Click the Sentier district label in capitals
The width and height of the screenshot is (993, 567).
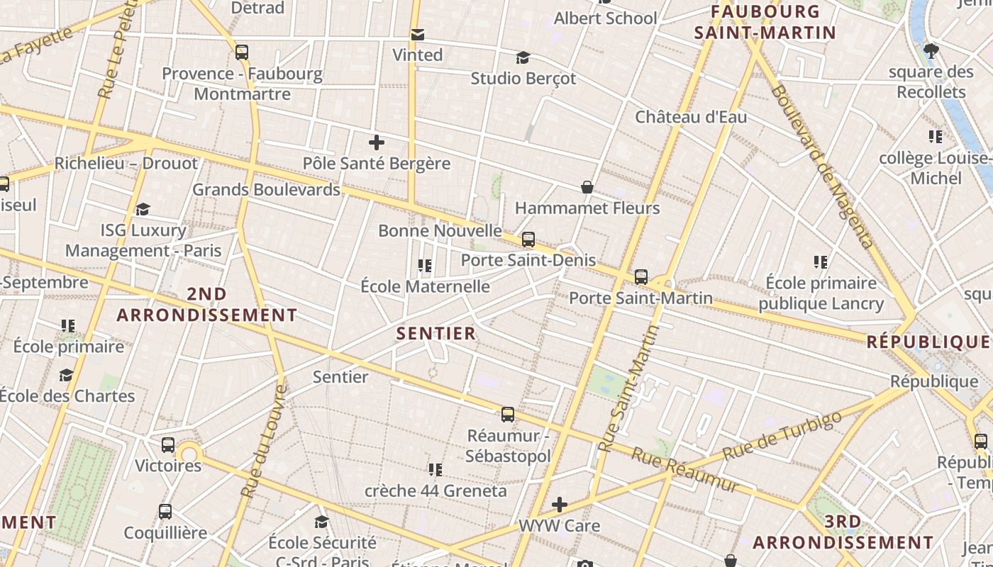point(436,333)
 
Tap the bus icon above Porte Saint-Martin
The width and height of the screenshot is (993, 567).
point(641,276)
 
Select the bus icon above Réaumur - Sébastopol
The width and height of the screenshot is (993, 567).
point(508,415)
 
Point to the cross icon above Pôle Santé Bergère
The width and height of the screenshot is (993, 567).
point(377,142)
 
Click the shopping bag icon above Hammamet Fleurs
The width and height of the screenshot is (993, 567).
point(587,187)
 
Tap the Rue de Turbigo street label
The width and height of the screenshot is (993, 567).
point(783,434)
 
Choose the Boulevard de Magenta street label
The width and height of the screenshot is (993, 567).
point(822,167)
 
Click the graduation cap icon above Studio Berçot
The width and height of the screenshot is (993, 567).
point(523,57)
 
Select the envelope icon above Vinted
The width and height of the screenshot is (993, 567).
point(417,34)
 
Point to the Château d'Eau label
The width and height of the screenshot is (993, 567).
point(691,117)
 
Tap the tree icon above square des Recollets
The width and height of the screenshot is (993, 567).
point(931,51)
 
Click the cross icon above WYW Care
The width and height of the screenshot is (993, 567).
point(560,505)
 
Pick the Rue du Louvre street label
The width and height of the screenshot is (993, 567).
point(264,441)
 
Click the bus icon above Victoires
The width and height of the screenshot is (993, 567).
point(168,445)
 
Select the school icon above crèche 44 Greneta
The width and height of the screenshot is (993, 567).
point(436,469)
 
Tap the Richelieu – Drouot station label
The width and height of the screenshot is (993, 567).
point(126,163)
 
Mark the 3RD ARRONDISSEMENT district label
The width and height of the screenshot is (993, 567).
point(843,532)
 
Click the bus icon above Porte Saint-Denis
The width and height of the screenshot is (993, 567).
point(528,240)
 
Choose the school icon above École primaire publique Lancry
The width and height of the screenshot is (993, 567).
point(821,262)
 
